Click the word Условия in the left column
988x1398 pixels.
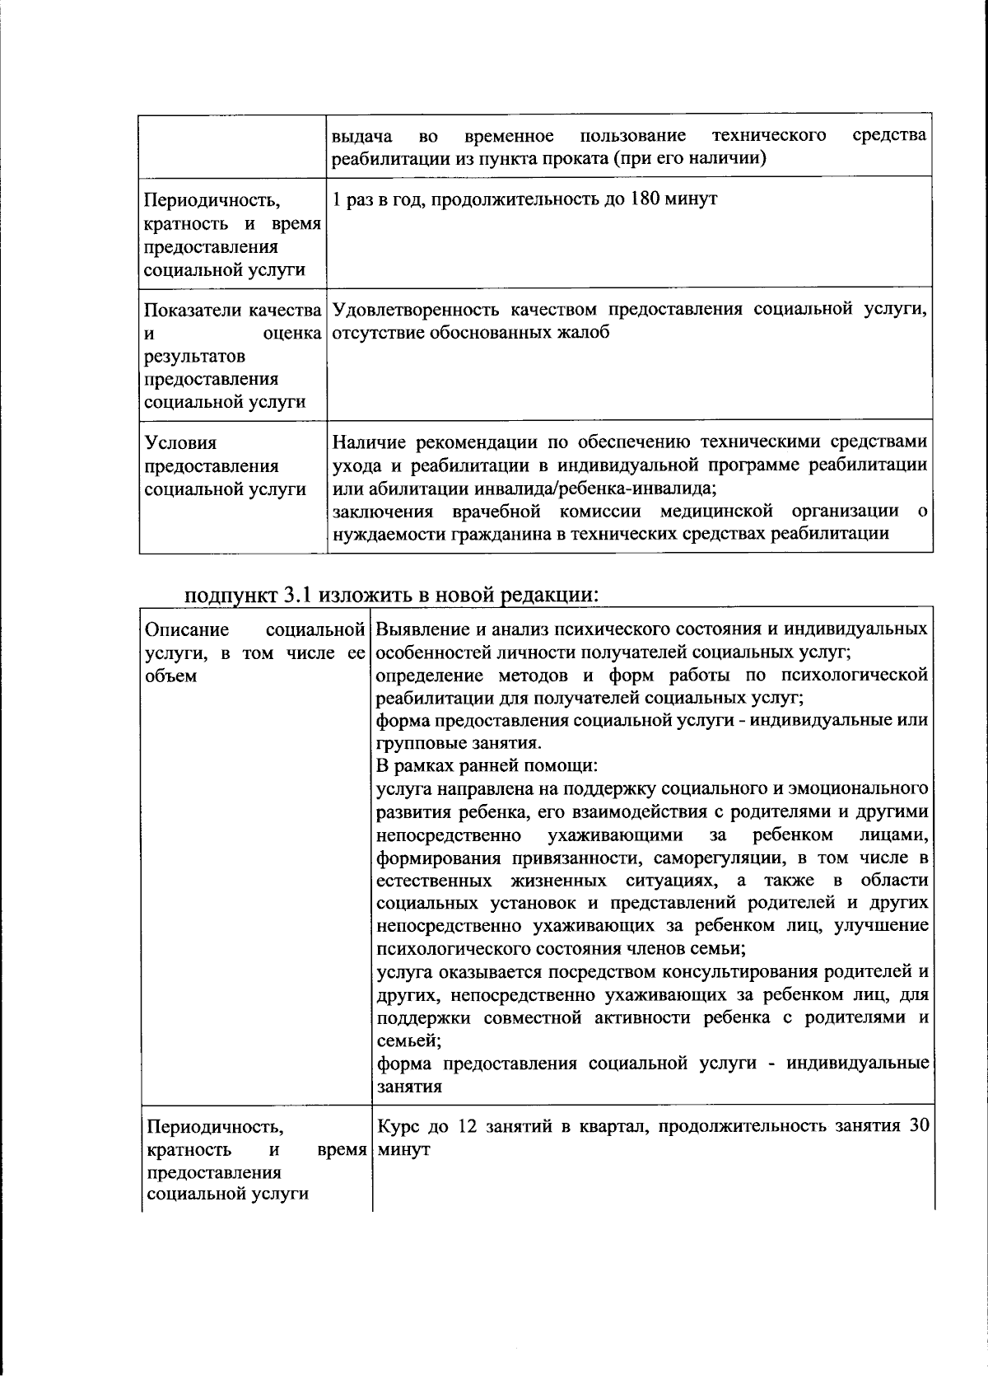[180, 444]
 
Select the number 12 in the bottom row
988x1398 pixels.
[466, 1127]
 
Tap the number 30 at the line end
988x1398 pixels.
[918, 1127]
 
